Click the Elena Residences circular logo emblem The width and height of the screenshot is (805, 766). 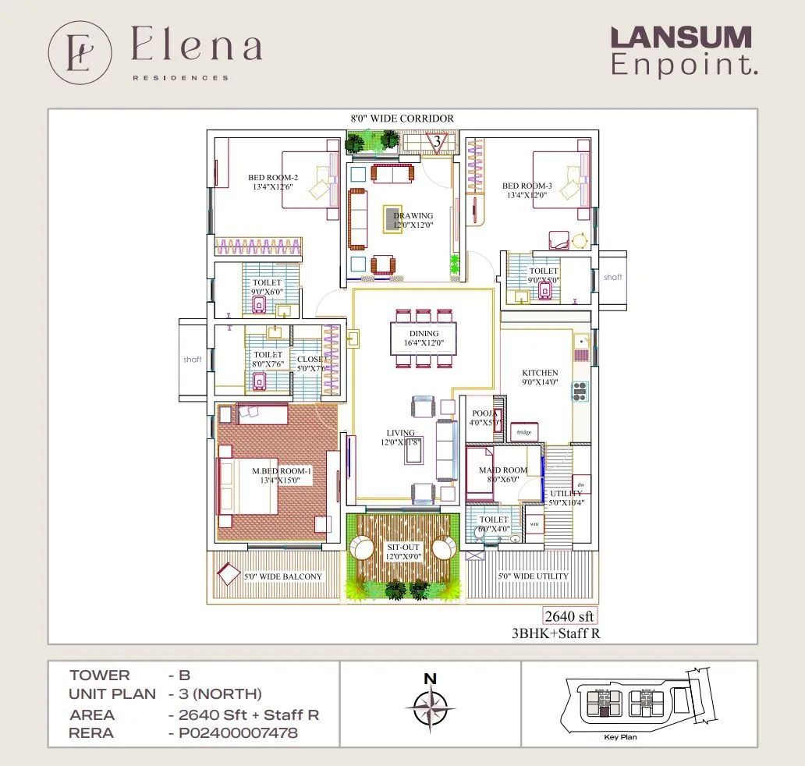80,52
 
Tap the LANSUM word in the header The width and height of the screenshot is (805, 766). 680,37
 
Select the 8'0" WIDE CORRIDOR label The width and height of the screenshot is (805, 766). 402,119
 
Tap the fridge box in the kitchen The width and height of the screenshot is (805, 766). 523,432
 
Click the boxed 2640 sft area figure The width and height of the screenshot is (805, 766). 569,616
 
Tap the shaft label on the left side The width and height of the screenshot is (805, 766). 192,360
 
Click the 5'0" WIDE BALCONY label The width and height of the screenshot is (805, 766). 283,576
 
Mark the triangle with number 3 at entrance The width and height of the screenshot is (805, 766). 438,142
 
